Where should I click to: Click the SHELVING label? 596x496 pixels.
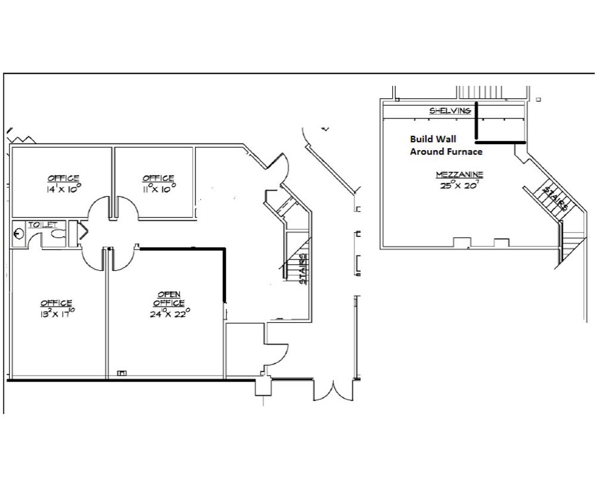click(450, 111)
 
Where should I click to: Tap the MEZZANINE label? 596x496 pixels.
click(460, 174)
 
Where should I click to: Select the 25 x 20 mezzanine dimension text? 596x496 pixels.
click(459, 185)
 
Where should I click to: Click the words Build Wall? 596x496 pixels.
click(433, 139)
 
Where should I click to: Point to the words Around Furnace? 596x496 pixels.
click(446, 152)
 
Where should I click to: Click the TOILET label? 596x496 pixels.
click(42, 225)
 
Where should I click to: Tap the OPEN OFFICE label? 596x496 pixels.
click(169, 298)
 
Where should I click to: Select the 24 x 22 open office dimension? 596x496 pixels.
click(170, 313)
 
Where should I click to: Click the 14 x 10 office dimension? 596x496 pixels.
click(64, 189)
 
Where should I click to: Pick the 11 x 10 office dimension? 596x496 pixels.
click(159, 189)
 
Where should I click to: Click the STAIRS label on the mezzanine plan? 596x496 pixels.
click(555, 199)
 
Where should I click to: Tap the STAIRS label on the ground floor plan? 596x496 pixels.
click(303, 269)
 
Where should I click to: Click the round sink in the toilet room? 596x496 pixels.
click(18, 233)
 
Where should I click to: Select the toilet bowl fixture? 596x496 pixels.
click(58, 235)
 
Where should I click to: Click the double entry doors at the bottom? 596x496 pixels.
click(333, 391)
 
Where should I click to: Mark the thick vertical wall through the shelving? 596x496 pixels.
click(476, 120)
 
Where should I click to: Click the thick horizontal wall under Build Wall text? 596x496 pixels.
click(501, 142)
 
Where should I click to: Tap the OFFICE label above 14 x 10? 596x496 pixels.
click(64, 178)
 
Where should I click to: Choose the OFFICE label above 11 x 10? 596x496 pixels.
click(159, 178)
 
